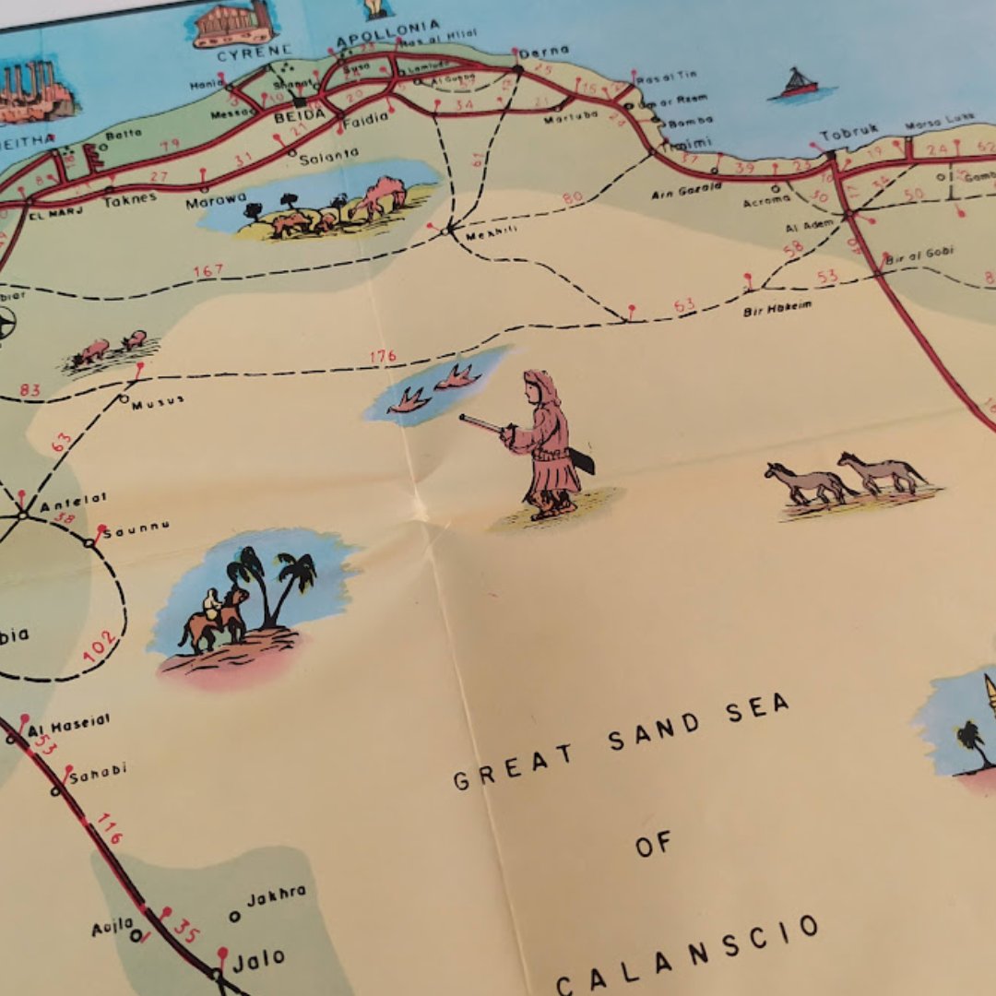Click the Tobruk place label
(x=848, y=132)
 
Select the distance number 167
(x=208, y=271)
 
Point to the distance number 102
(x=100, y=646)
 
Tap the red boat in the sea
(x=799, y=84)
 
